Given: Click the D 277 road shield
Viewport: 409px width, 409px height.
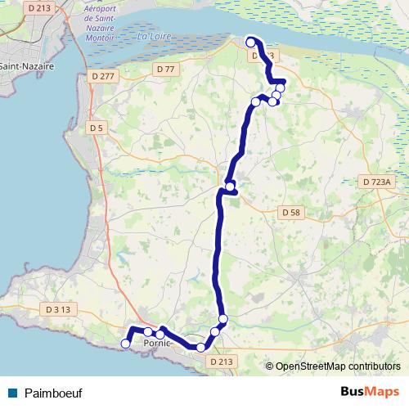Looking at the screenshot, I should (104, 76).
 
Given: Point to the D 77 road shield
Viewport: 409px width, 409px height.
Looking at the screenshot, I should (165, 70).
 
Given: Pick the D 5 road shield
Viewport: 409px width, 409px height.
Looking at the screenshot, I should (97, 128).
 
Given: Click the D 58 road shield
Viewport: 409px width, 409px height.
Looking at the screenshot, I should (292, 212).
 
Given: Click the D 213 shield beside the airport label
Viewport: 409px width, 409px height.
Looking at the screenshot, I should (38, 8).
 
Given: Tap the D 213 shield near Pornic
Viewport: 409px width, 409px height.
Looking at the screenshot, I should (221, 361).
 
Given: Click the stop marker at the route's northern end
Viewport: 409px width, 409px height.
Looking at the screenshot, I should (250, 41).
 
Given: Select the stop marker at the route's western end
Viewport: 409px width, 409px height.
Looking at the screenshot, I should (125, 344).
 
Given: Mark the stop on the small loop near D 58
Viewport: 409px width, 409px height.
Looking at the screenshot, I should (231, 187).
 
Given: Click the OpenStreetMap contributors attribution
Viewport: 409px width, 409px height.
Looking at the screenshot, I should (338, 367).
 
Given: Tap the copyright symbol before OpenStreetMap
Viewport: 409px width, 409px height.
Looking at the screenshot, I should (270, 367).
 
